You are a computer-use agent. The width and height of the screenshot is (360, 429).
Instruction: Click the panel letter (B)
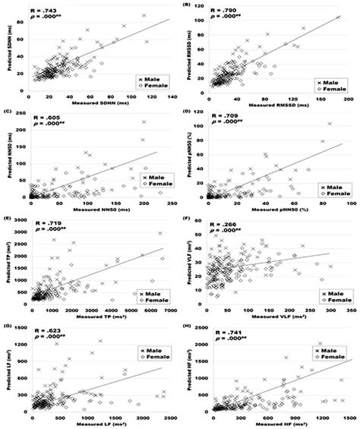pyautogui.click(x=186, y=5)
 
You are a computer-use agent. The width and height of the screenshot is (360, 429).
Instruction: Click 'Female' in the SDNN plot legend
pyautogui.click(x=153, y=86)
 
